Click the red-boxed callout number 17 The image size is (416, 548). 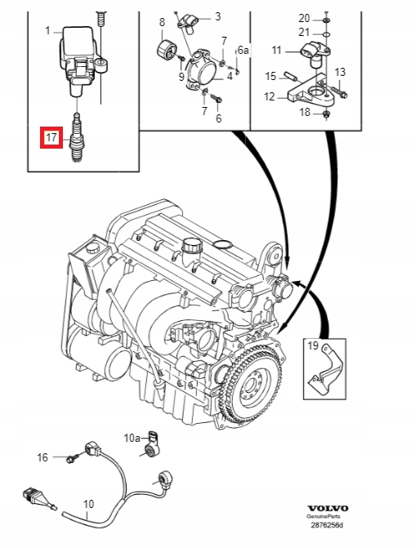pyautogui.click(x=51, y=137)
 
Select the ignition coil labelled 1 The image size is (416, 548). pyautogui.click(x=81, y=60)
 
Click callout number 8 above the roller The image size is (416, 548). pyautogui.click(x=162, y=22)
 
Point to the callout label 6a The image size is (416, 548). pyautogui.click(x=244, y=50)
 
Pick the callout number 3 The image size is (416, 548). pyautogui.click(x=217, y=16)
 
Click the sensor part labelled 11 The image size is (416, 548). pyautogui.click(x=313, y=54)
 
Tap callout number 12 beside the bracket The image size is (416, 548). pyautogui.click(x=270, y=96)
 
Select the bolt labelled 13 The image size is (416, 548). pyautogui.click(x=337, y=91)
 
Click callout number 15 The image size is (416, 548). pyautogui.click(x=271, y=76)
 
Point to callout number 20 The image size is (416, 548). pyautogui.click(x=304, y=18)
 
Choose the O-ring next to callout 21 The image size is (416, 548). pyautogui.click(x=326, y=34)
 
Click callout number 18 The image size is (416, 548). pyautogui.click(x=305, y=112)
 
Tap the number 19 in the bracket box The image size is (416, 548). pyautogui.click(x=313, y=345)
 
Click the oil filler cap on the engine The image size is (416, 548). pyautogui.click(x=192, y=246)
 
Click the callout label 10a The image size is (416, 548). pyautogui.click(x=132, y=438)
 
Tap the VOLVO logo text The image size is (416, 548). pyautogui.click(x=328, y=508)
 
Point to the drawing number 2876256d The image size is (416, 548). pyautogui.click(x=327, y=525)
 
